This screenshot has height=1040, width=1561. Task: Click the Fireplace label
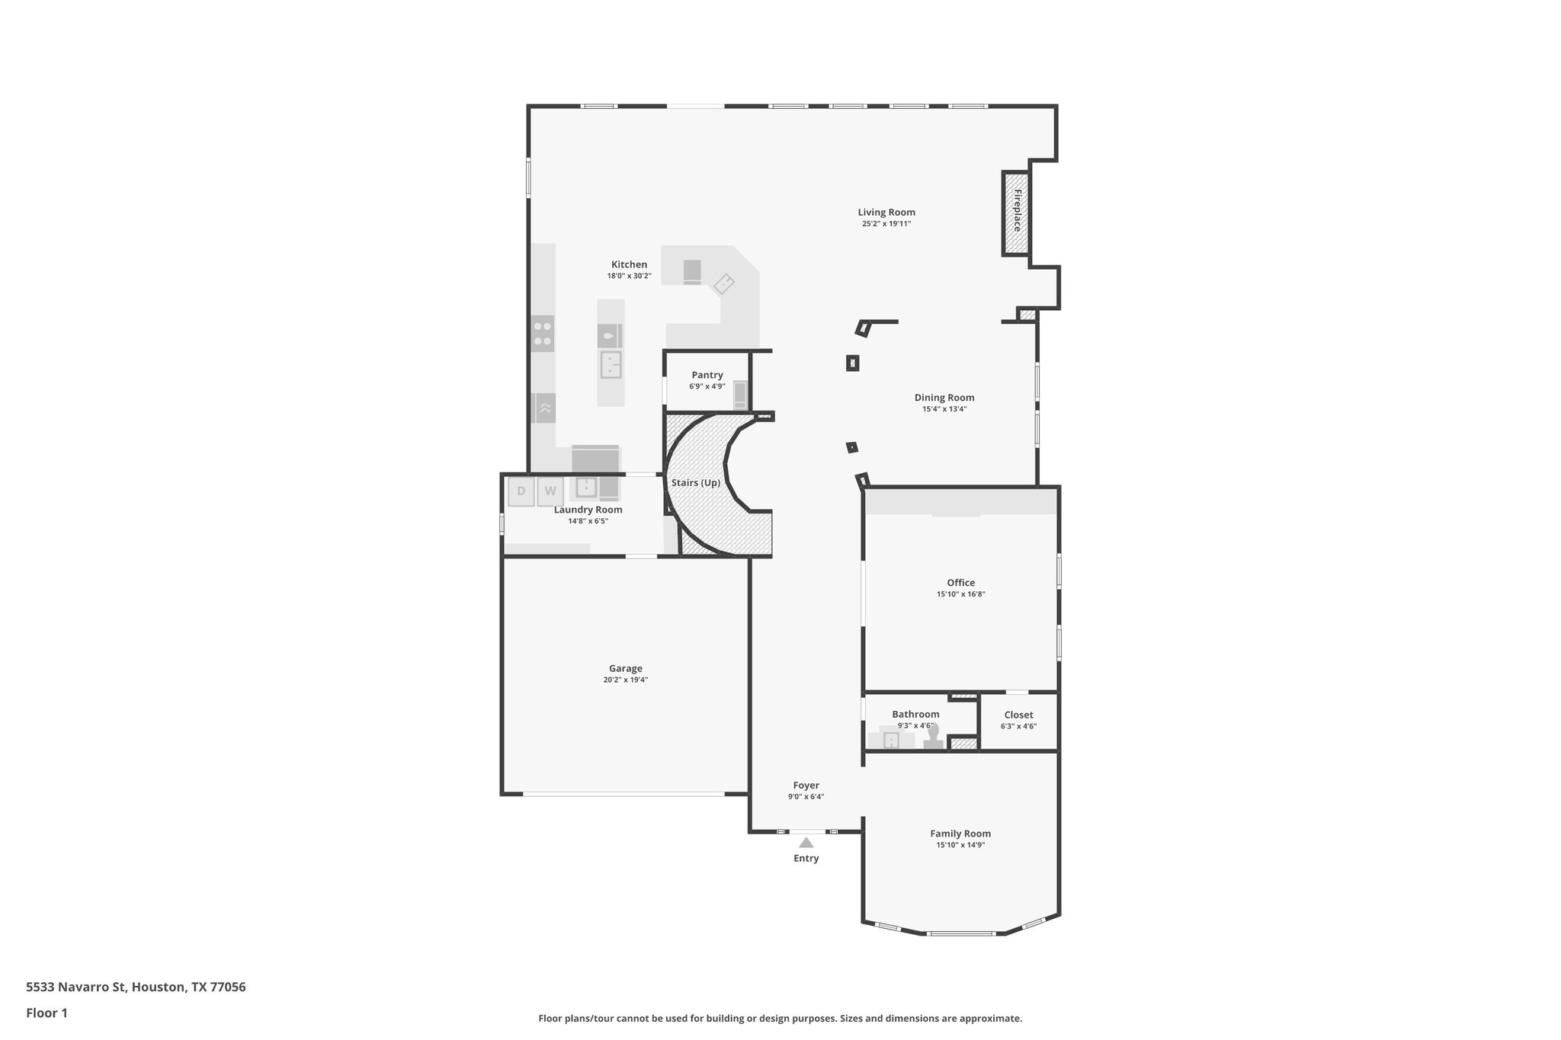pyautogui.click(x=1017, y=211)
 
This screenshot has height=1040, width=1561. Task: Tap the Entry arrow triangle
pyautogui.click(x=806, y=842)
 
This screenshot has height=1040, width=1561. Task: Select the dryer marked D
pyautogui.click(x=521, y=491)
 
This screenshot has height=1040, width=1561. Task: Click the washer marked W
pyautogui.click(x=550, y=491)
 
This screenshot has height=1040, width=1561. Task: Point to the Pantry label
pyautogui.click(x=707, y=375)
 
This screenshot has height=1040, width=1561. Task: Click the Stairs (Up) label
pyautogui.click(x=695, y=483)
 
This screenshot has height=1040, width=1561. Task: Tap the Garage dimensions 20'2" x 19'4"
pyautogui.click(x=625, y=680)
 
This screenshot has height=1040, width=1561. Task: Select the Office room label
pyautogui.click(x=960, y=583)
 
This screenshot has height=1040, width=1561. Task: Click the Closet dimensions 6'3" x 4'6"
pyautogui.click(x=1018, y=726)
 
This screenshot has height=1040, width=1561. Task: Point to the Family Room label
pyautogui.click(x=960, y=834)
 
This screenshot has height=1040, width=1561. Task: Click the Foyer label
pyautogui.click(x=806, y=786)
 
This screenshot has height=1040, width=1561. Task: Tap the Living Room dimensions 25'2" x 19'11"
pyautogui.click(x=886, y=224)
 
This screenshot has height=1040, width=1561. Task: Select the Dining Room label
pyautogui.click(x=944, y=398)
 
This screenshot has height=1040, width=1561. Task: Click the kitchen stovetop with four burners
pyautogui.click(x=543, y=334)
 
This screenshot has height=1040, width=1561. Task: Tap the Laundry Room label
pyautogui.click(x=588, y=510)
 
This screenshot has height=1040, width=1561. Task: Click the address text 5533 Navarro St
pyautogui.click(x=76, y=987)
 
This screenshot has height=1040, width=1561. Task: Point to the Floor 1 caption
pyautogui.click(x=46, y=1013)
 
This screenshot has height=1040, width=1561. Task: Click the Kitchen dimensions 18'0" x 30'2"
pyautogui.click(x=629, y=276)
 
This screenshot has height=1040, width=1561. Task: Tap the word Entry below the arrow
pyautogui.click(x=806, y=859)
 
